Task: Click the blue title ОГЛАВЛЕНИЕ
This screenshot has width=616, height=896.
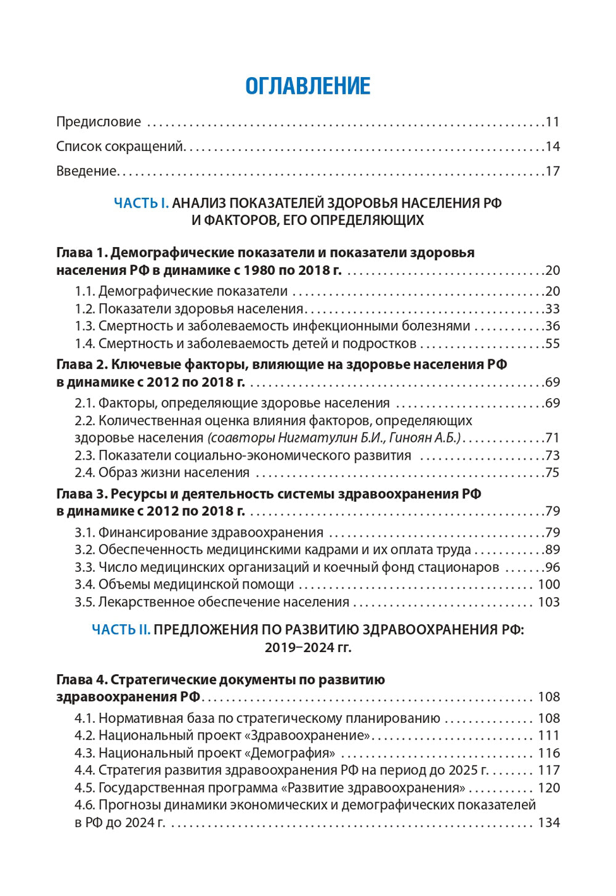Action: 308,86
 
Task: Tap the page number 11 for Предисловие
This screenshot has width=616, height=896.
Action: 552,122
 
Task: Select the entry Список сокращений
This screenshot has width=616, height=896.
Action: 120,147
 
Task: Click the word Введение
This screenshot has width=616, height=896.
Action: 86,171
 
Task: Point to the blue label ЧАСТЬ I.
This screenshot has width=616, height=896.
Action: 141,203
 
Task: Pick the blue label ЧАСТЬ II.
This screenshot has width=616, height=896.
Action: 121,630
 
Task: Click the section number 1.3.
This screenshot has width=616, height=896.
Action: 84,326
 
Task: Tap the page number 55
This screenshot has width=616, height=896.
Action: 552,343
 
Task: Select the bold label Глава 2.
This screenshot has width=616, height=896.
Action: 81,365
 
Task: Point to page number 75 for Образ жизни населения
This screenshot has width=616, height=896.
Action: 552,473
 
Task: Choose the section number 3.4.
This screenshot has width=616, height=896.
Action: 84,584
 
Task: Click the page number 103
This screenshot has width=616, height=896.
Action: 548,602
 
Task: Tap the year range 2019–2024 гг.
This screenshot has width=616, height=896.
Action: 308,648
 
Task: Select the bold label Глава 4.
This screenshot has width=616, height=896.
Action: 81,680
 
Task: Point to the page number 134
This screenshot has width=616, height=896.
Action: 548,823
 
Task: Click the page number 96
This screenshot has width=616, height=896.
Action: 552,567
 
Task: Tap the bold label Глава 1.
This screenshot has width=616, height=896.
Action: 81,253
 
